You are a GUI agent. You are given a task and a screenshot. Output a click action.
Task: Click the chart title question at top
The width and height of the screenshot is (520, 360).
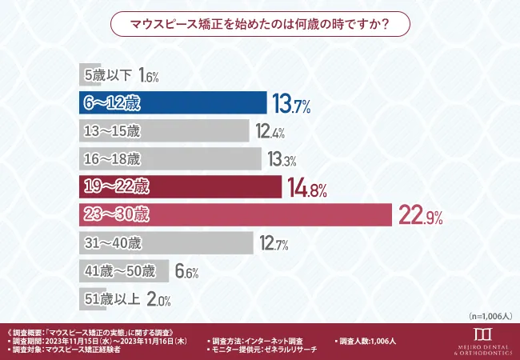point(259,24)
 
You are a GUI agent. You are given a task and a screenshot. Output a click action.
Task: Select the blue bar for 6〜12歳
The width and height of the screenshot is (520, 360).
point(173,103)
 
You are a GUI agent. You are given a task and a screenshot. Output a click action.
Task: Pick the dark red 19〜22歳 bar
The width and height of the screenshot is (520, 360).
point(181,188)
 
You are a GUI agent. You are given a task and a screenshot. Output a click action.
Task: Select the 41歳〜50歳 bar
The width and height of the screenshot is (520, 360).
point(124,270)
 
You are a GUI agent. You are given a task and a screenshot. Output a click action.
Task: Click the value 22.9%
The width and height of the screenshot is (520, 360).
point(421,215)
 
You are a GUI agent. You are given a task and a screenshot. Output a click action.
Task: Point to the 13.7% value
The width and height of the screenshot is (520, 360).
point(291,103)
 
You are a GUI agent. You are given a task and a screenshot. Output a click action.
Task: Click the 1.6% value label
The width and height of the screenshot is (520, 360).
point(149,76)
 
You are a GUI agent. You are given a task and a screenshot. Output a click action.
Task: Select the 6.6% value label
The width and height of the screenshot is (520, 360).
point(186,271)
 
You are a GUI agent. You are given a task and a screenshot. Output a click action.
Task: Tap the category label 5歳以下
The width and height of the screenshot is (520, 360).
point(105,75)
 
